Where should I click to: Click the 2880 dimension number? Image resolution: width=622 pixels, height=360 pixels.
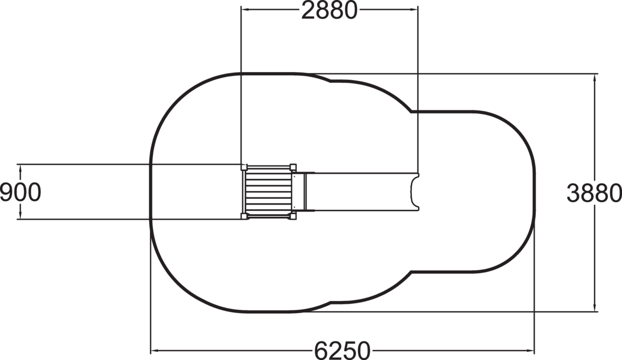click(329, 10)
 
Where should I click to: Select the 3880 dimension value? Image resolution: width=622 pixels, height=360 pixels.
click(593, 192)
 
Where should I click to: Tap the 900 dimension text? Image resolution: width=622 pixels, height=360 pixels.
click(20, 192)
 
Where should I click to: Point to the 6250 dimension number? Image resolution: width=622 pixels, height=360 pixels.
click(342, 351)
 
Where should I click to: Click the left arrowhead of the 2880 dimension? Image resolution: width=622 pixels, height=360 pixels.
click(245, 9)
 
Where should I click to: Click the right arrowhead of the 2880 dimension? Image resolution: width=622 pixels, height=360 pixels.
click(414, 9)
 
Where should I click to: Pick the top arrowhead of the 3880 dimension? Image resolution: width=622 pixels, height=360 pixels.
click(594, 78)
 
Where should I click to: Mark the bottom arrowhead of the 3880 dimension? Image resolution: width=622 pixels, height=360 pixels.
click(594, 308)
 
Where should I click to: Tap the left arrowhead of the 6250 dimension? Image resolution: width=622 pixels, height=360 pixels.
click(154, 351)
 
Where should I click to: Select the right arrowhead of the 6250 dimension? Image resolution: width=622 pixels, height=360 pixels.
click(530, 351)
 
